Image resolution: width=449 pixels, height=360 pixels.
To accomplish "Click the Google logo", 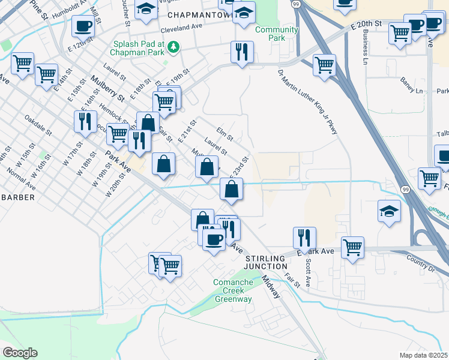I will [20, 353].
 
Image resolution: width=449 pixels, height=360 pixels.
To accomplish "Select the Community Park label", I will [276, 34].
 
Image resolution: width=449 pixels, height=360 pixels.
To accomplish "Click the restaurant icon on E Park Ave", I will [304, 237].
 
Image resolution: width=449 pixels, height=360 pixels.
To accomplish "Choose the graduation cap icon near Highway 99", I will [389, 211].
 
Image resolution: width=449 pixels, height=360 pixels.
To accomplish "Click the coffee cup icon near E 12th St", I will [83, 26].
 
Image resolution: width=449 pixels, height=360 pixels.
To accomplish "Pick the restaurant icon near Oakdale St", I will [85, 121].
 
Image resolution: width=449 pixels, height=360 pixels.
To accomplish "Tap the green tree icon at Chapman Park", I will [173, 46].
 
